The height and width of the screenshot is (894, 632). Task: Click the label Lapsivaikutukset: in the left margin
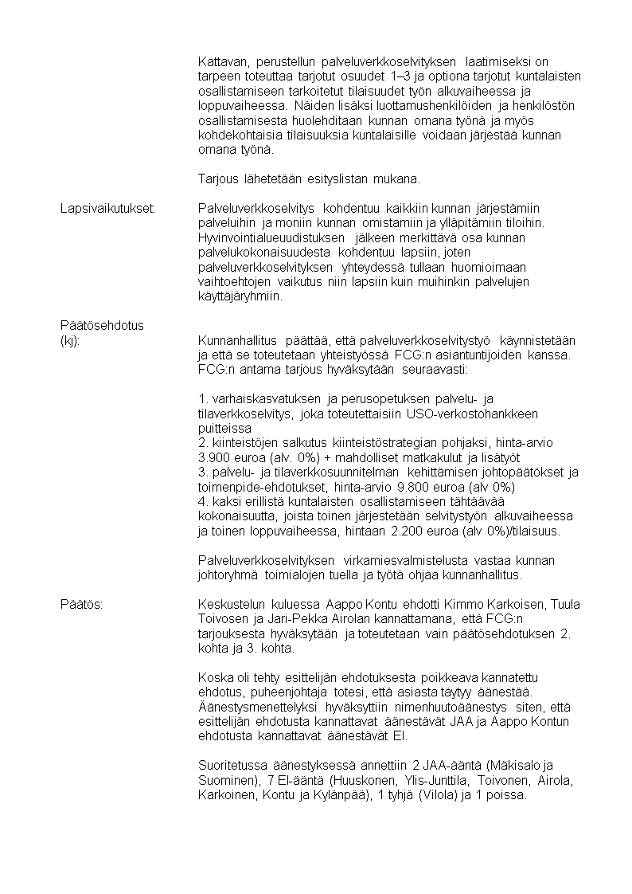[107, 209]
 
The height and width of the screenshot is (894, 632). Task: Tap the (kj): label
[70, 340]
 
